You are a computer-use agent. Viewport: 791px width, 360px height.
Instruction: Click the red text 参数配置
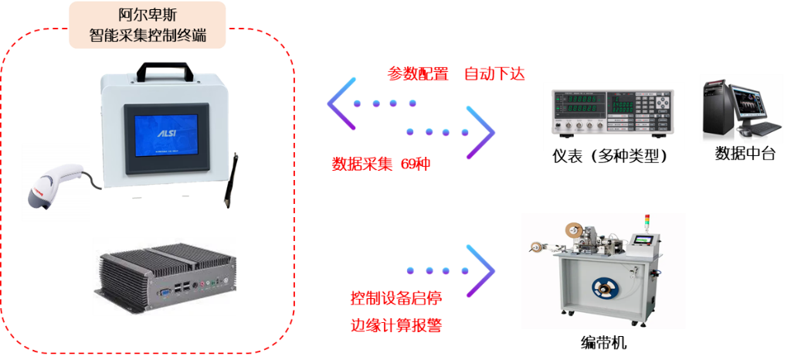click(x=418, y=74)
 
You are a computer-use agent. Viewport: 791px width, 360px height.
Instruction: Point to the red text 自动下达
click(x=494, y=74)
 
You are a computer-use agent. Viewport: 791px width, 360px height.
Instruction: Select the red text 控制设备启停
click(x=396, y=297)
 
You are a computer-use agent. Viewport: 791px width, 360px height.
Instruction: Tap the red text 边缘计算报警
click(x=396, y=324)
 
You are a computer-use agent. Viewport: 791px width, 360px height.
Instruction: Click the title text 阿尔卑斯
click(x=148, y=15)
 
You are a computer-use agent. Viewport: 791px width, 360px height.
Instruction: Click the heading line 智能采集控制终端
click(x=148, y=36)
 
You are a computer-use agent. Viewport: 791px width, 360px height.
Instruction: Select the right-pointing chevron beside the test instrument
click(x=480, y=132)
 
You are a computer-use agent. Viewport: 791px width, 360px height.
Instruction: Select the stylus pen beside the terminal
click(x=231, y=180)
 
